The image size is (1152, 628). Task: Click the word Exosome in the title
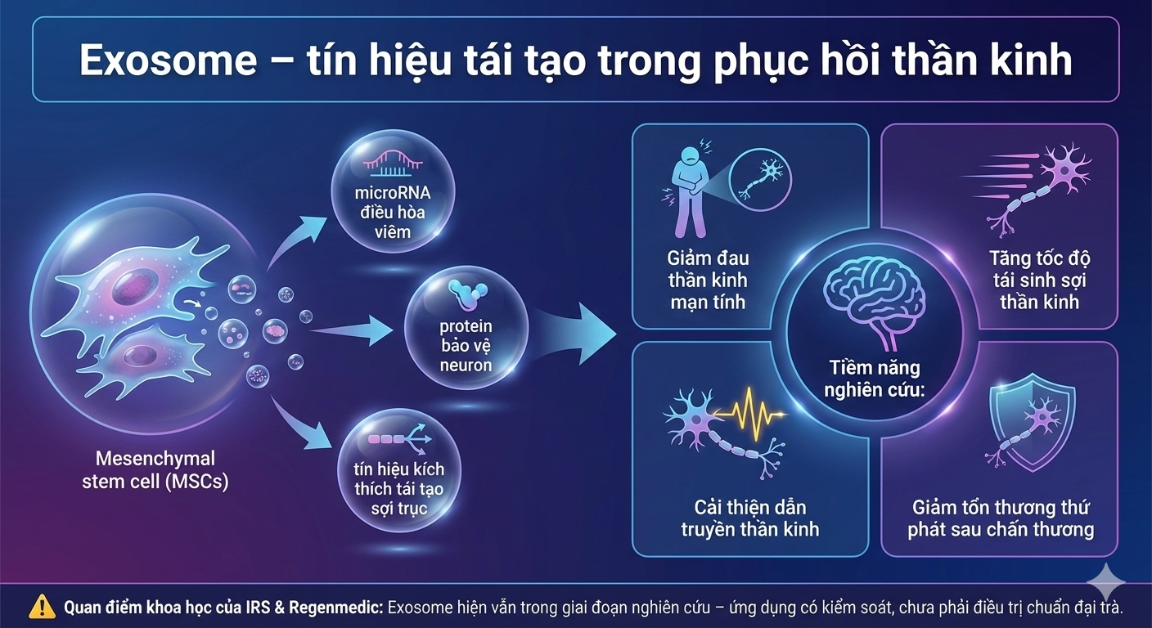[168, 61]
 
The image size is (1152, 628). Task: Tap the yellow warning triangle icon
[43, 607]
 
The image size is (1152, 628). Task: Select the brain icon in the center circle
[875, 305]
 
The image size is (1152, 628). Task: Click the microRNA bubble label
[393, 213]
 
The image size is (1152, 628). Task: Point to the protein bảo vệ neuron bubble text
[466, 345]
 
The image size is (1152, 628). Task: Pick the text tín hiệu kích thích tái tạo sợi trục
[399, 488]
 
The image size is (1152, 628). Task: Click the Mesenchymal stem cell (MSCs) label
[155, 469]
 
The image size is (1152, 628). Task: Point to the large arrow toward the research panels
[574, 334]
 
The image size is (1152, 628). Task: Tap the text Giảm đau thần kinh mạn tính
[708, 280]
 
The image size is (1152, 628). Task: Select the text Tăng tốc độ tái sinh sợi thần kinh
[1039, 280]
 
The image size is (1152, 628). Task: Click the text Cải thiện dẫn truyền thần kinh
[749, 518]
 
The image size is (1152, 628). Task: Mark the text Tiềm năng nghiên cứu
[875, 379]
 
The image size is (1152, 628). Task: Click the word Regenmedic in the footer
[335, 608]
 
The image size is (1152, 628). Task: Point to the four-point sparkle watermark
[1106, 581]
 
